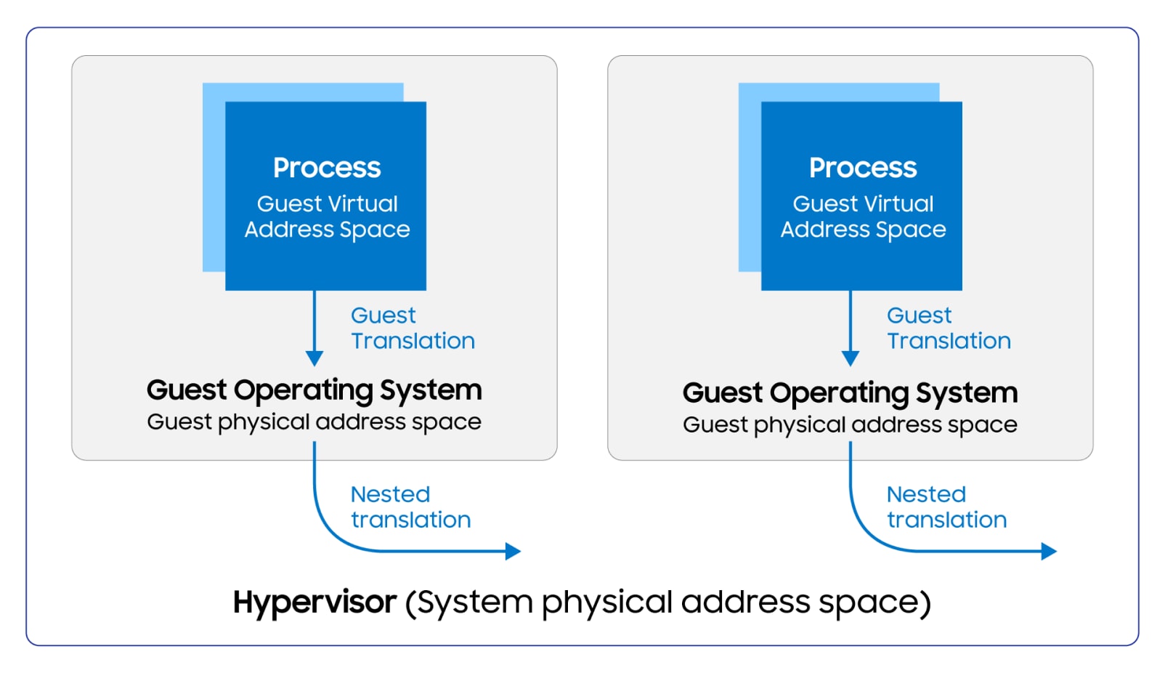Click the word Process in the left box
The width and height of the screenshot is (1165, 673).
point(327,168)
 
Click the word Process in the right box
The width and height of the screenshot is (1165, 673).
point(863,168)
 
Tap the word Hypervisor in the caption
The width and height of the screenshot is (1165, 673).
point(314,603)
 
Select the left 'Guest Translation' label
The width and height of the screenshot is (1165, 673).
point(412,328)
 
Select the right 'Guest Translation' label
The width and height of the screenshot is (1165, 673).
point(948,328)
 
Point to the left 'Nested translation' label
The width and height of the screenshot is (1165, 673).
point(410,507)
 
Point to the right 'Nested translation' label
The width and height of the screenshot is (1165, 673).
point(946,507)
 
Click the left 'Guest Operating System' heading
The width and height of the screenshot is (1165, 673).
point(314,390)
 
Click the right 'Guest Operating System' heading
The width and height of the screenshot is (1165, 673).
point(850,393)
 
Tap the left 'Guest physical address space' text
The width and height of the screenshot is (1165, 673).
point(314,422)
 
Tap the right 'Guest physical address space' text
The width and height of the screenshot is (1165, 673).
point(850,425)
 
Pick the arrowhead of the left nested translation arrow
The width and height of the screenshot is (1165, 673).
point(514,551)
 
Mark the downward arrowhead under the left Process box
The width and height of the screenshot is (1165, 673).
point(314,358)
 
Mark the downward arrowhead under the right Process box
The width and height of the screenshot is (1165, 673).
point(851,358)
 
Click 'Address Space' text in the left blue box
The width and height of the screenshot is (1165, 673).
point(327,230)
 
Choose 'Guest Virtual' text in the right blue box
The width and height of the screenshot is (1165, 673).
point(863,203)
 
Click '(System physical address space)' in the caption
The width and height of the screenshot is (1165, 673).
point(667,603)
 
